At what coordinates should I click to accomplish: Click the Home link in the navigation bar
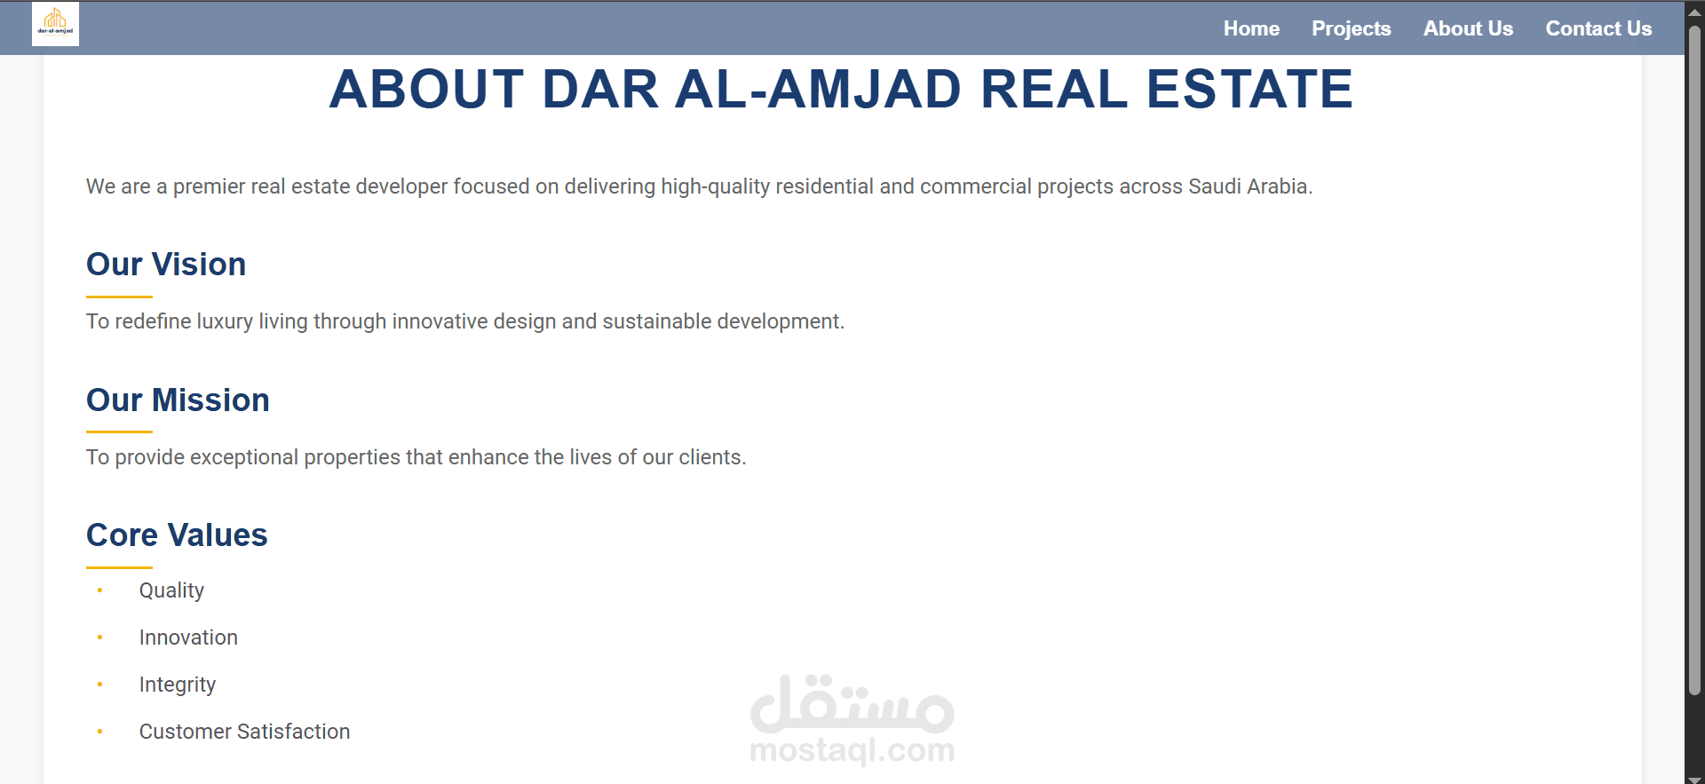1251,28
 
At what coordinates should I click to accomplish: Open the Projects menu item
1351,29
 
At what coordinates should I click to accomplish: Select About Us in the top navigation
1468,28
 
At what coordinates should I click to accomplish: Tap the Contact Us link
1598,28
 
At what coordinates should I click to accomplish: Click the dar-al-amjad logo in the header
55,23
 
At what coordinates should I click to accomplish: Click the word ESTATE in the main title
1249,89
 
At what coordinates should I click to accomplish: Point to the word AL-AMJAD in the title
818,89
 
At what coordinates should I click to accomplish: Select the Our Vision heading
166,265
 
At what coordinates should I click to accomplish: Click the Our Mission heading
178,400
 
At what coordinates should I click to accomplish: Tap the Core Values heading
177,535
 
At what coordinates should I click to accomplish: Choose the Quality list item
171,590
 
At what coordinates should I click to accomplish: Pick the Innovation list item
188,637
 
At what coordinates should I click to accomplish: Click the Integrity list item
178,685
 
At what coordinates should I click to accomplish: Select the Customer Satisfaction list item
244,732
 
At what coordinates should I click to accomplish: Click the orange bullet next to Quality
99,590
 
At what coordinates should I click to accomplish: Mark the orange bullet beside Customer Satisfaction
99,732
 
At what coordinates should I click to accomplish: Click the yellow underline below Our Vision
119,297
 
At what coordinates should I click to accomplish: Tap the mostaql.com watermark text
852,750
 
